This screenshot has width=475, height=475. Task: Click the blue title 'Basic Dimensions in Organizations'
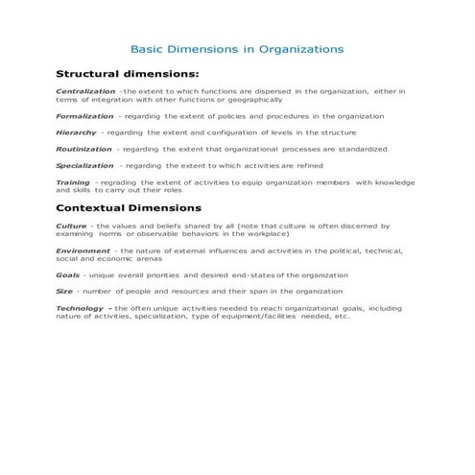[x=236, y=48]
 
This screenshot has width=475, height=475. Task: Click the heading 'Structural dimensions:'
[x=128, y=73]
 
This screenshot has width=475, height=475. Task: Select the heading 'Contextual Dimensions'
[x=129, y=207]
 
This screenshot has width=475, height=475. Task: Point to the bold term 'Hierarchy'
[x=76, y=132]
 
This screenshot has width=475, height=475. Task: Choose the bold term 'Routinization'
[x=84, y=149]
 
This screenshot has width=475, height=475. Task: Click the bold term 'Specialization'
[x=85, y=165]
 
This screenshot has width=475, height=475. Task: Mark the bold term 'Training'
[x=73, y=182]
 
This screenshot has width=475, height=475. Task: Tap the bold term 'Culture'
[x=71, y=226]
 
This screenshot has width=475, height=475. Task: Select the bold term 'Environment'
[x=83, y=250]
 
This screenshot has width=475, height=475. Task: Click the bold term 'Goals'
[x=68, y=273]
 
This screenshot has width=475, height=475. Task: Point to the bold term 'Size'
[x=64, y=291]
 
